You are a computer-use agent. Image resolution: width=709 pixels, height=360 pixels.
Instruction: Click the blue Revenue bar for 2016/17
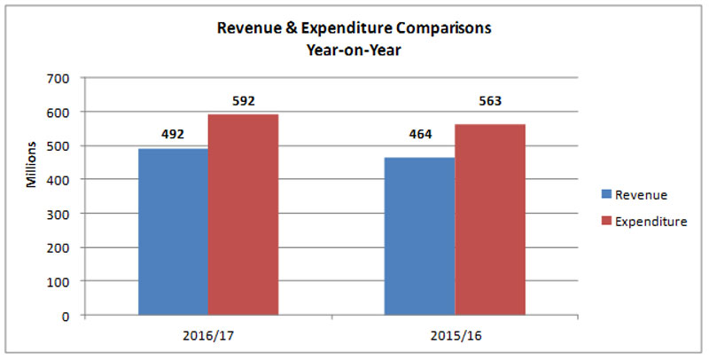coord(173,231)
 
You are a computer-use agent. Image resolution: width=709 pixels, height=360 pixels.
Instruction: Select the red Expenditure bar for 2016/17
coord(243,215)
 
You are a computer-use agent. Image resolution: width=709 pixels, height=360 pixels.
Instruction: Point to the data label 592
coord(243,101)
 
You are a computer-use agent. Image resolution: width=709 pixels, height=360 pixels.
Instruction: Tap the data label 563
coord(489,101)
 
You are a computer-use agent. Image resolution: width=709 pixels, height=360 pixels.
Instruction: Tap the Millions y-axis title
coord(32,165)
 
